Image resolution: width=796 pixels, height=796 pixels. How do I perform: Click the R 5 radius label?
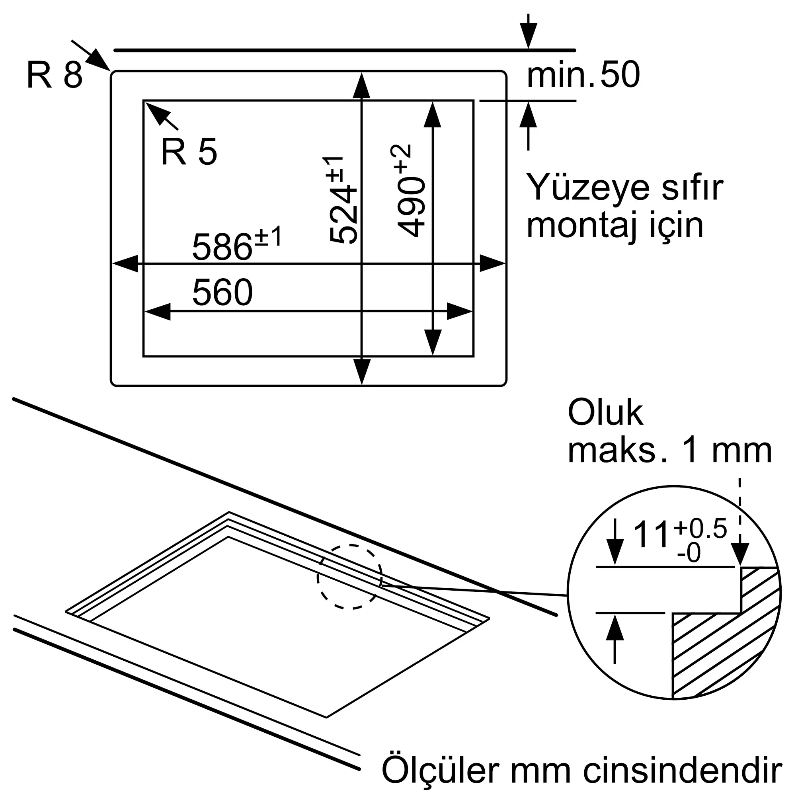pyautogui.click(x=189, y=152)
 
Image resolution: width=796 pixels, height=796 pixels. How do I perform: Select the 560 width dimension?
pyautogui.click(x=222, y=292)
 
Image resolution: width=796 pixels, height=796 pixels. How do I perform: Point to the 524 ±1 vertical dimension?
pyautogui.click(x=342, y=199)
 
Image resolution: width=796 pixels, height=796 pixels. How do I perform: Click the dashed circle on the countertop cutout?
pyautogui.click(x=350, y=577)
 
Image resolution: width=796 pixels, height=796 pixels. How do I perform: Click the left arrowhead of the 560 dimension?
pyautogui.click(x=157, y=312)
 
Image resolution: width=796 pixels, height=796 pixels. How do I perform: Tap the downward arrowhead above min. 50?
pyautogui.click(x=528, y=35)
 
